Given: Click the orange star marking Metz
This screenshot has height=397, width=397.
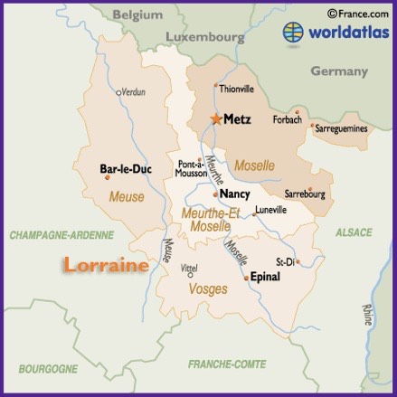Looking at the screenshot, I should point(216,118).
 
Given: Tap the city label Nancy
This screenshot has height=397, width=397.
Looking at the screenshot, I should point(234,194).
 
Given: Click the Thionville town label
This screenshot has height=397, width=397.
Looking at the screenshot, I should point(237,89).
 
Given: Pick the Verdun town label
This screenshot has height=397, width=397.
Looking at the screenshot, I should point(133,92).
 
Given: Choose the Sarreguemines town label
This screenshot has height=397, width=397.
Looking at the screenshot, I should point(341,129).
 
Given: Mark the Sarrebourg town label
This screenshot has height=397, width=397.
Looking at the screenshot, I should point(305,194).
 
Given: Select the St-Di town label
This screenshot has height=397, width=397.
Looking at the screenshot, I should point(286,261).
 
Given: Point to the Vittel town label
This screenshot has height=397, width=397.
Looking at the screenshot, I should point(189,269).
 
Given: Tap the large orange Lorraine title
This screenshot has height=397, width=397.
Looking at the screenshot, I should point(105,265).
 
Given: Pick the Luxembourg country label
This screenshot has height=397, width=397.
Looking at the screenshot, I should point(205,38).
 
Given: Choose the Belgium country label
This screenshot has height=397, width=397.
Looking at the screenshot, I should point(138,15).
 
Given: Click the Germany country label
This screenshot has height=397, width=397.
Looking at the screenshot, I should point(339,71).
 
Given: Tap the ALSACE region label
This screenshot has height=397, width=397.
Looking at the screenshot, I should point(354,232).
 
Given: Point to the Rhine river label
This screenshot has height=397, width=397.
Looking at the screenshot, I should point(367,315).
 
